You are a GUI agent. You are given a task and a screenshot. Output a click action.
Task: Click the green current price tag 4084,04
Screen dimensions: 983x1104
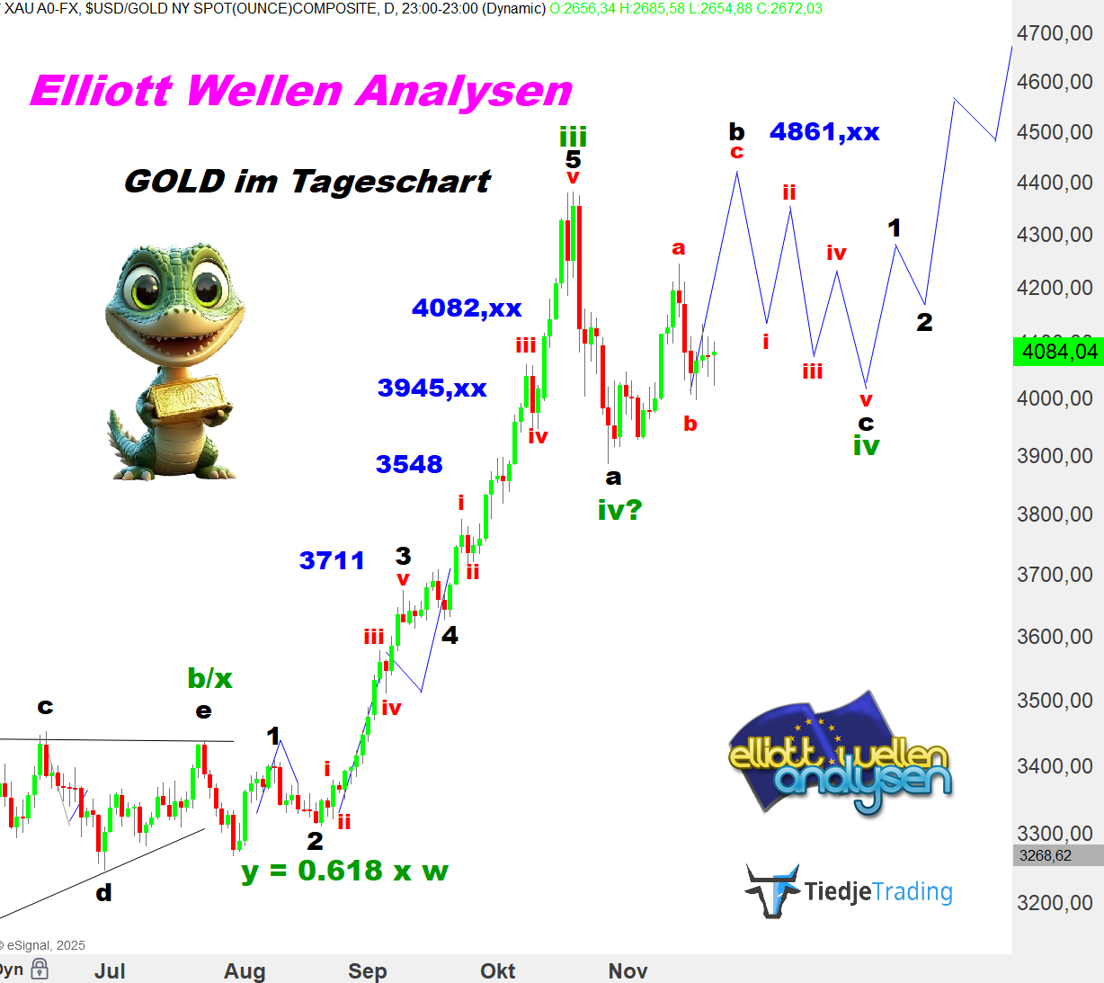click(1058, 352)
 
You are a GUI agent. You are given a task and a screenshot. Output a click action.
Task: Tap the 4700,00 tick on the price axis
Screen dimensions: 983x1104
click(1055, 34)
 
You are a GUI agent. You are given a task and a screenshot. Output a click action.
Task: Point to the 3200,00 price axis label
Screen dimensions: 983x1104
click(1055, 903)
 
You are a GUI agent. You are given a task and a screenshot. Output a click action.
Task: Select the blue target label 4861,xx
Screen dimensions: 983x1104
click(824, 132)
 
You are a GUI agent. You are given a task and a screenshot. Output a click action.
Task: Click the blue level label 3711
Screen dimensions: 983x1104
click(332, 560)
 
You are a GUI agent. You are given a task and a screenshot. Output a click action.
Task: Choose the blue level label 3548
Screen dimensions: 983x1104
click(409, 464)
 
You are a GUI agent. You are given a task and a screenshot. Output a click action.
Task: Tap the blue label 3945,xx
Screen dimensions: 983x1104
click(432, 388)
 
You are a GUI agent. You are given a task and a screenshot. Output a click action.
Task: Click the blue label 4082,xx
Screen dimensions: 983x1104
click(467, 308)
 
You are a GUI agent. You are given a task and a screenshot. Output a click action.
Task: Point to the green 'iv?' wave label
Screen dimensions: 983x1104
click(619, 511)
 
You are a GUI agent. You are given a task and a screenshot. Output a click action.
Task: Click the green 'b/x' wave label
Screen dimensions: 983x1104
click(209, 678)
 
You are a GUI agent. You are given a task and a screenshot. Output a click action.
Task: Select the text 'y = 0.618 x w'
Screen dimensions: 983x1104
click(344, 871)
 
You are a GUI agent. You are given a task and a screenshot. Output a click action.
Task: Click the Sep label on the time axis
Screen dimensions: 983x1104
click(367, 971)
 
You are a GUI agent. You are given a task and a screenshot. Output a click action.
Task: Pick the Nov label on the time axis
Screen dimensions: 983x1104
click(628, 971)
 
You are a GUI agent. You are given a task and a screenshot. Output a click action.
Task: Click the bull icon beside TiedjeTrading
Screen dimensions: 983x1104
click(772, 890)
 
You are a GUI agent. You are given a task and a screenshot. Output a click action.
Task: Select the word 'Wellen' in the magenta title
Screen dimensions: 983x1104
click(265, 91)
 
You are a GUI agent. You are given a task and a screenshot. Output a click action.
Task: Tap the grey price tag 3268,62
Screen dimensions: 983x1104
click(1045, 855)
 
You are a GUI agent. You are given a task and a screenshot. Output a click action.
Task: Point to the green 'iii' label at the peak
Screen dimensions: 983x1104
click(573, 137)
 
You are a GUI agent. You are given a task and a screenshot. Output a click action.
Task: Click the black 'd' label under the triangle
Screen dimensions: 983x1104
click(103, 893)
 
